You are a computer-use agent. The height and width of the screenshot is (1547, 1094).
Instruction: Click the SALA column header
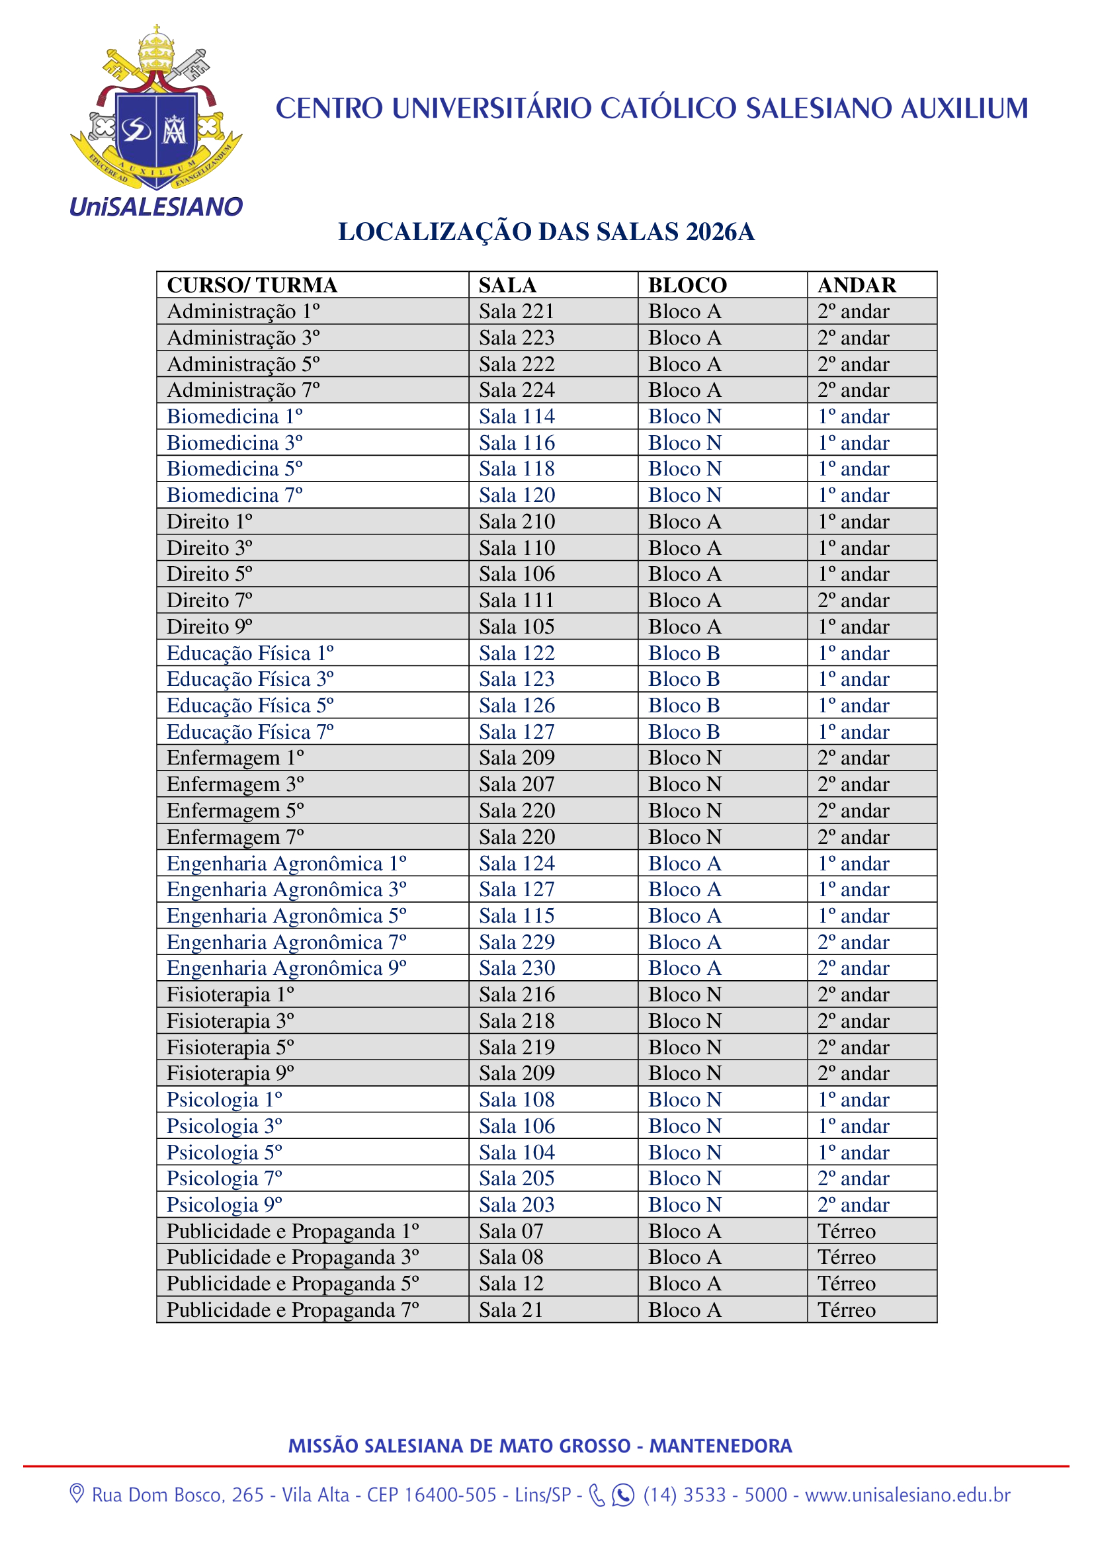click(507, 285)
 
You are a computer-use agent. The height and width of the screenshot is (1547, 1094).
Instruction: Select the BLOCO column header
click(687, 285)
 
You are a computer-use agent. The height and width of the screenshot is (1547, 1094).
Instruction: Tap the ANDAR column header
click(856, 285)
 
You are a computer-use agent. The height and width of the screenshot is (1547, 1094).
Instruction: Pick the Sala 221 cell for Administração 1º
click(516, 312)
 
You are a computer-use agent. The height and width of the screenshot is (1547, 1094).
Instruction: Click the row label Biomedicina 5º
click(234, 469)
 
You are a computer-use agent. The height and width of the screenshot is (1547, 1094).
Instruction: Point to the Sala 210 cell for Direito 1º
click(517, 521)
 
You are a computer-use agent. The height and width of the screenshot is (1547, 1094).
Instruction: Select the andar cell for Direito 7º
click(853, 601)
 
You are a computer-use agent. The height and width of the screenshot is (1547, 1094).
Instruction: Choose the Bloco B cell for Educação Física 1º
click(684, 653)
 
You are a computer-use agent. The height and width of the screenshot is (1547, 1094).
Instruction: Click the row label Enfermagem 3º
click(235, 784)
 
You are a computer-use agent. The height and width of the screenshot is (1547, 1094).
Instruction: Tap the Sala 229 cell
click(517, 942)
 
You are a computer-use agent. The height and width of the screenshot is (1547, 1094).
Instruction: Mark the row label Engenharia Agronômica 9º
click(286, 968)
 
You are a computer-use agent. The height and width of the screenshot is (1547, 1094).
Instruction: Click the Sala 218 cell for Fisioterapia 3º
click(517, 1021)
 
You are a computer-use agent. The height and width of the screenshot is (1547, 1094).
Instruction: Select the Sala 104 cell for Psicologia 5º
click(517, 1152)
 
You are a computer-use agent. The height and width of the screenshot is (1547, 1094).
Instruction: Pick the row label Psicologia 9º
click(224, 1204)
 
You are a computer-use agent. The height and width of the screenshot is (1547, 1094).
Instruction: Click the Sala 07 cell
click(511, 1231)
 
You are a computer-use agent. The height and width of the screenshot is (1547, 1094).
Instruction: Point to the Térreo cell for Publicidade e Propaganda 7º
click(846, 1310)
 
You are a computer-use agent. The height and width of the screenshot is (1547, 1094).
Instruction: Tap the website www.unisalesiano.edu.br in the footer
click(907, 1495)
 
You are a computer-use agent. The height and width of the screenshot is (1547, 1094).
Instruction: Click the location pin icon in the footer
click(77, 1494)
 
